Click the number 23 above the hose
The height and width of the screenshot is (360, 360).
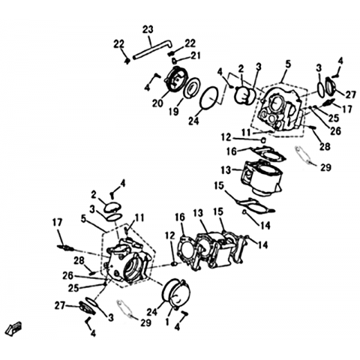[x=148, y=30]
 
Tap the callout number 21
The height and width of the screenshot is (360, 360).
[x=195, y=55]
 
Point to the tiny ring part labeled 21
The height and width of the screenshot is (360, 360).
[x=174, y=60]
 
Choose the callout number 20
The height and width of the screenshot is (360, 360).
[x=158, y=103]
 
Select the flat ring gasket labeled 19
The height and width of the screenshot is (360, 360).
[x=191, y=88]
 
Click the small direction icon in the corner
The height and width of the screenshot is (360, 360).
[x=14, y=328]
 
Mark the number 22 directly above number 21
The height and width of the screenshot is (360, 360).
[x=190, y=43]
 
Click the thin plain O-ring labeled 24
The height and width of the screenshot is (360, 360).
[x=210, y=97]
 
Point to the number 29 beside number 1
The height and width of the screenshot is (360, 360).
[x=145, y=322]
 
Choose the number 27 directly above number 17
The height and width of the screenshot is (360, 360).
[x=350, y=94]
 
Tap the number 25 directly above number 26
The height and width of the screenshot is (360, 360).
[x=333, y=118]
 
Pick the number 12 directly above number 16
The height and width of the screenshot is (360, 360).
[x=226, y=137]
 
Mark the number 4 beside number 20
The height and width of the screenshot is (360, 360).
[x=147, y=88]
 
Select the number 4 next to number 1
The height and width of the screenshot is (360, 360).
[x=177, y=327]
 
